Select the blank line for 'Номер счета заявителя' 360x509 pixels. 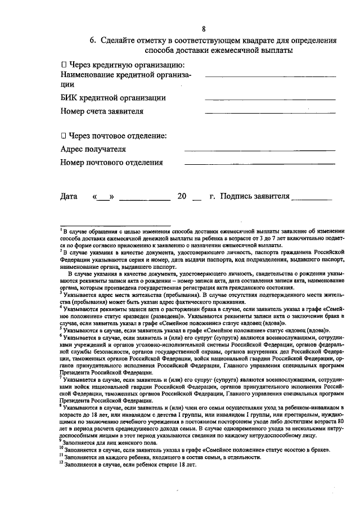(270, 114)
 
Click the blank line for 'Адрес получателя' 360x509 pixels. (260, 151)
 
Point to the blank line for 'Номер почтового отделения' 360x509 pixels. (260, 165)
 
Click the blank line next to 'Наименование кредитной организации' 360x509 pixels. (270, 76)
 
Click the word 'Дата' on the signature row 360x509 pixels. (69, 197)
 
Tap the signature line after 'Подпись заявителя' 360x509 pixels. (312, 200)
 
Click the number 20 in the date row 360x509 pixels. (181, 197)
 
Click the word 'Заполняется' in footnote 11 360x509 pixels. (81, 458)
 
